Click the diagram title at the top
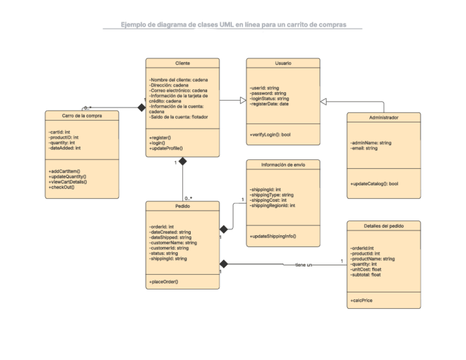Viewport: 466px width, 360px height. pos(234,25)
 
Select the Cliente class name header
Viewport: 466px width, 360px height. pos(182,64)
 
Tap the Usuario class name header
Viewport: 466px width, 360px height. pos(283,64)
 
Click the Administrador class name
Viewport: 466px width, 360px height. pos(384,118)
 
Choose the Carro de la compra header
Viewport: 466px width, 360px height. pos(82,115)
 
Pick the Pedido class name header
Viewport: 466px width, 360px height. pos(182,206)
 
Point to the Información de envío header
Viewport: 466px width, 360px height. pos(283,164)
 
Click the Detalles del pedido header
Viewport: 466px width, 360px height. pos(384,226)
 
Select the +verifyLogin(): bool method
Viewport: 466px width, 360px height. pos(270,134)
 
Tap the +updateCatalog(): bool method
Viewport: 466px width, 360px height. pos(374,184)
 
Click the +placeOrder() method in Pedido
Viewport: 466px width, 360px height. pos(164,281)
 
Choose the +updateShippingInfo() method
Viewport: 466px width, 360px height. pos(273,236)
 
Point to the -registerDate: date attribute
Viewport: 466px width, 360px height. pos(269,104)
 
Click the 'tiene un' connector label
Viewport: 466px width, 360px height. pos(303,265)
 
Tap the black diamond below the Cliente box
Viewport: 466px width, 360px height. pos(182,162)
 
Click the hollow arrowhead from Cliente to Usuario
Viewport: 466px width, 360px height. pos(242,100)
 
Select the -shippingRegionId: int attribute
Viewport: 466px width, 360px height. pos(273,206)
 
